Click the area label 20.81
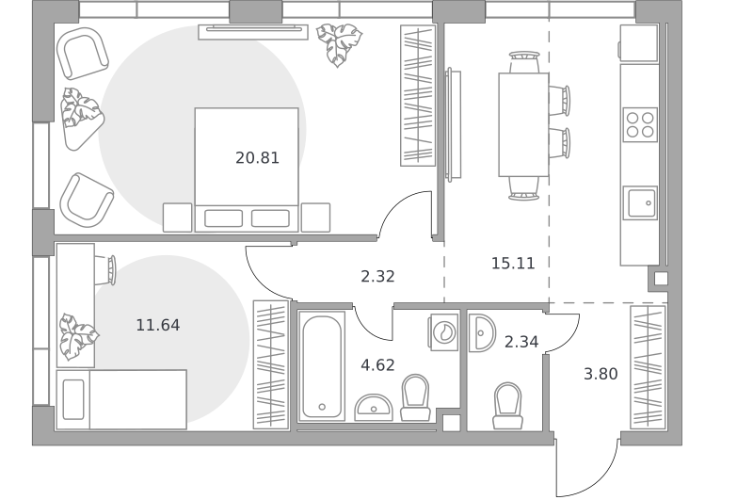coord(257,157)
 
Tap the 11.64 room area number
coord(158,325)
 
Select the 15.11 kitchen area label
coord(513,264)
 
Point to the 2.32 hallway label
coord(377,276)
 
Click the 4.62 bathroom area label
coord(377,365)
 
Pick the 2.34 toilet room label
coord(521,342)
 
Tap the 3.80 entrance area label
coord(601,374)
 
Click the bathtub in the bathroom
coord(322,366)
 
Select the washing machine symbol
coord(443,331)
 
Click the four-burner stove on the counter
coord(640,124)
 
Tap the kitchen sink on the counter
coord(640,203)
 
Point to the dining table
coord(523,125)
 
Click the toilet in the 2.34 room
coord(507,406)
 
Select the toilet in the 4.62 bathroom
coord(415,397)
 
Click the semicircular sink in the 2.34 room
coord(482,332)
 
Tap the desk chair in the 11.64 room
coord(106,270)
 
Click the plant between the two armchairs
coord(82,119)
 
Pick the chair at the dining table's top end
coord(524,62)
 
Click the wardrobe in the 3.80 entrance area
coord(648,367)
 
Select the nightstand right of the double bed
coord(315,218)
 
